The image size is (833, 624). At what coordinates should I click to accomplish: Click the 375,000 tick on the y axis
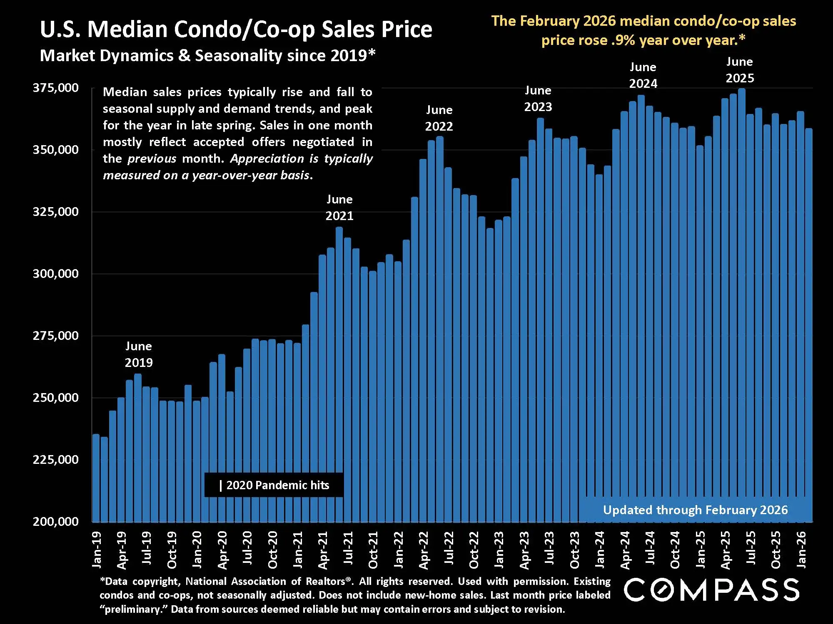click(x=55, y=88)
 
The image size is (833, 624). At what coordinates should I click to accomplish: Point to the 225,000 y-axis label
click(x=55, y=460)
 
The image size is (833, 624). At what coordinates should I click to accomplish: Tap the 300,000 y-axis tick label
click(x=55, y=274)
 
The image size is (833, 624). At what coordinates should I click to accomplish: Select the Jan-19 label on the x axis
click(x=97, y=550)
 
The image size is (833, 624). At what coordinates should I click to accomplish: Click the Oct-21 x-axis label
click(x=373, y=550)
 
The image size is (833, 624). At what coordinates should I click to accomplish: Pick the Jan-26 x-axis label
click(x=801, y=550)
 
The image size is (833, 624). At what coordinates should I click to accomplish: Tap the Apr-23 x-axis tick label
click(x=524, y=550)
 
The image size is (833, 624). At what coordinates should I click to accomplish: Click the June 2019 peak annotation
click(x=139, y=354)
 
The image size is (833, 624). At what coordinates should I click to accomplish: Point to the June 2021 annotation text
click(x=339, y=208)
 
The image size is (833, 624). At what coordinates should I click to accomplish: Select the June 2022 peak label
click(x=439, y=118)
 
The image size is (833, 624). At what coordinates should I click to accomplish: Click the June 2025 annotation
click(x=740, y=70)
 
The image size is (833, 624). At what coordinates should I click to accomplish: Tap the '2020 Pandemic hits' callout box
click(x=274, y=485)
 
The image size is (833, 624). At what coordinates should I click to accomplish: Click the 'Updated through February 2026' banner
click(x=695, y=510)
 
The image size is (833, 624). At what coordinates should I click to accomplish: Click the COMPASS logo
click(x=711, y=589)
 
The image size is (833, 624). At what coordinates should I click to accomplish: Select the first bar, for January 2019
click(x=96, y=478)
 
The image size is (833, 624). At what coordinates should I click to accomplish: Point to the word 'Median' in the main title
click(x=130, y=30)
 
